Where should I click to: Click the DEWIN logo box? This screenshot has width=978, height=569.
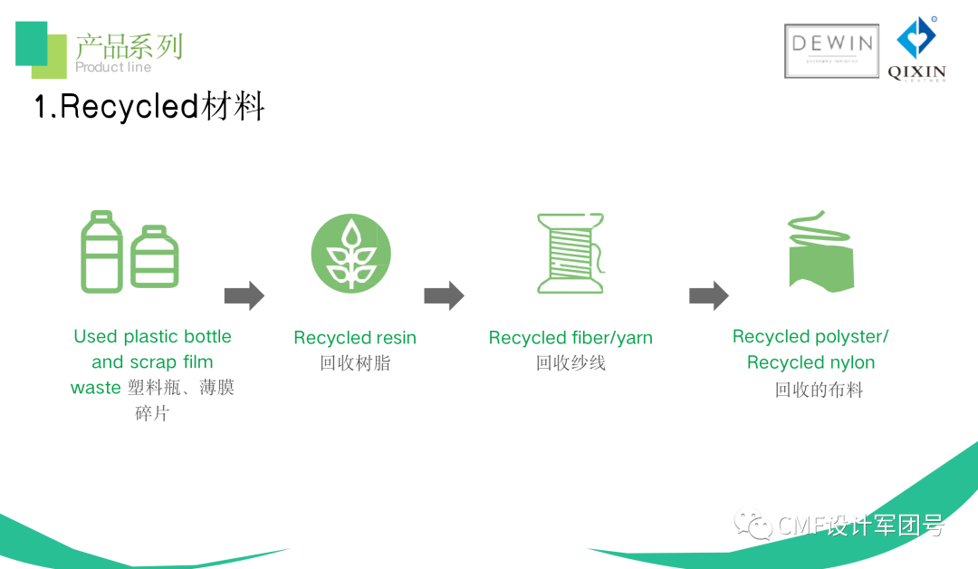click(x=831, y=50)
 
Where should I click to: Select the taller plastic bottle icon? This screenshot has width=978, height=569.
click(x=101, y=251)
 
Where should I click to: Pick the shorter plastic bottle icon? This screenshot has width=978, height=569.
click(x=155, y=256)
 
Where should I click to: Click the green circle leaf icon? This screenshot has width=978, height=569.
click(x=351, y=253)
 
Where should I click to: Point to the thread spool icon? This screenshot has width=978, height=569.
click(x=570, y=253)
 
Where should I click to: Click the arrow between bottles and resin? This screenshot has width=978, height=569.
click(x=244, y=295)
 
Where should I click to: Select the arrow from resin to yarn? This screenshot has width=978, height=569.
click(x=444, y=295)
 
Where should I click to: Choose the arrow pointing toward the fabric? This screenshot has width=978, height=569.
click(x=708, y=295)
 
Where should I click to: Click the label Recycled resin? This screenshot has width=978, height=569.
click(x=355, y=338)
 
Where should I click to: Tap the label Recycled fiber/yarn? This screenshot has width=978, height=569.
click(x=570, y=338)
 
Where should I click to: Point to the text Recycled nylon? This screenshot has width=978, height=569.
click(x=810, y=362)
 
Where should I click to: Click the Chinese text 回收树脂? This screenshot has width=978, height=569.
click(x=355, y=363)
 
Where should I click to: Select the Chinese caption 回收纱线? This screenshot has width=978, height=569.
click(x=570, y=363)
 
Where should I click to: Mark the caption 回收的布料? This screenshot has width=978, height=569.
click(x=819, y=391)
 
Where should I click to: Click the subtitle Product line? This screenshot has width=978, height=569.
click(x=113, y=67)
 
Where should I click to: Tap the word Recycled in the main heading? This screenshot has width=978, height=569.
click(x=129, y=107)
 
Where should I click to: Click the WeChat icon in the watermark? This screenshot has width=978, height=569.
click(x=753, y=524)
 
